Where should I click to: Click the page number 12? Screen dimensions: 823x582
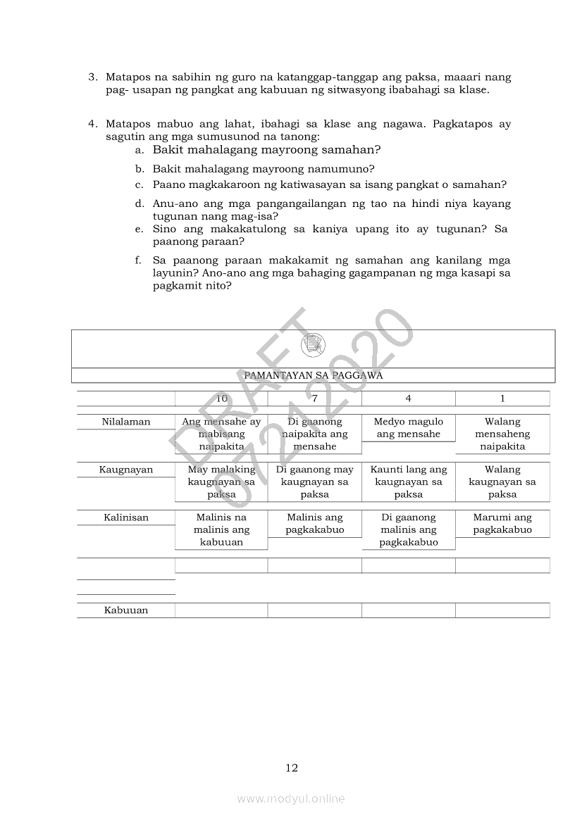pos(292,768)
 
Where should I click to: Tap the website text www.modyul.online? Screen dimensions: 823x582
pos(291,798)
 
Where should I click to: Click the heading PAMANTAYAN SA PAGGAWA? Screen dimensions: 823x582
pos(313,376)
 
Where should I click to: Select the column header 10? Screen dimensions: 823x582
pos(221,398)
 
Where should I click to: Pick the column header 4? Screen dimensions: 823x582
pos(409,398)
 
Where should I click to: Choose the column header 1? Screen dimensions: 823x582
pos(502,398)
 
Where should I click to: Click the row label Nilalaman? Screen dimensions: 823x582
pos(126,422)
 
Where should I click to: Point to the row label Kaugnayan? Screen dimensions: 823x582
pos(126,470)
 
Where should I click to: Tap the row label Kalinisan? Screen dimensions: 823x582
pos(126,517)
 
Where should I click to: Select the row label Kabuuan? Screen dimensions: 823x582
pos(126,610)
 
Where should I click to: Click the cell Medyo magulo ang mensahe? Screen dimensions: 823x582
pos(409,428)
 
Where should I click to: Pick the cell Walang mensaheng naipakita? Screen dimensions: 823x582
pos(502,434)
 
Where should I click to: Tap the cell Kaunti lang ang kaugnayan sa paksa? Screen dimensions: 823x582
pos(409,482)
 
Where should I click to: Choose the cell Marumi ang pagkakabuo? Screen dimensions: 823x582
pos(502,524)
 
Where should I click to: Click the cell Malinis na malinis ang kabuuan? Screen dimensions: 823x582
pos(221,529)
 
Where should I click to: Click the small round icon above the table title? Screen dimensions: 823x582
pos(313,345)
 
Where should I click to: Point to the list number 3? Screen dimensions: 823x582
pos(92,77)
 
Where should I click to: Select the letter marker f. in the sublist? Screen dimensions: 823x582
pos(140,260)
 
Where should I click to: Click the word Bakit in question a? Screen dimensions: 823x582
pos(168,150)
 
